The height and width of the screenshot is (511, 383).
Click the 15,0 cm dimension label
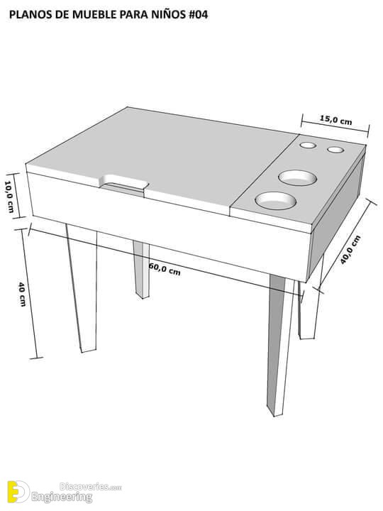pos(335,120)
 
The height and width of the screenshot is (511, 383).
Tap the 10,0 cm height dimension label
pos(9,197)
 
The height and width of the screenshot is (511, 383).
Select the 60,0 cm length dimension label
pos(165,269)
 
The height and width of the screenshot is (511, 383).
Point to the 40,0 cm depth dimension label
pos(350,249)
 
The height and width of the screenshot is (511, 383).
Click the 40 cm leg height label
pos(21,294)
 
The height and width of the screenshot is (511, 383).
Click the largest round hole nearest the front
pos(275,201)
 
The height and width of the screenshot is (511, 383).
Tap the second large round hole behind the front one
pos(297,178)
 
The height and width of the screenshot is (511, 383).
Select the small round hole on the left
pos(308,145)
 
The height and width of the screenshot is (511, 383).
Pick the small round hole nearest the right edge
pos(335,150)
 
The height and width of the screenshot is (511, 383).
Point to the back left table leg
pos(142,270)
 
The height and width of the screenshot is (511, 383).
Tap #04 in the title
pos(196,15)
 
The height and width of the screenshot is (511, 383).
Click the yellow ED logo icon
pos(18,491)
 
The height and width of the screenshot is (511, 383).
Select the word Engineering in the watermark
pos(62,497)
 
